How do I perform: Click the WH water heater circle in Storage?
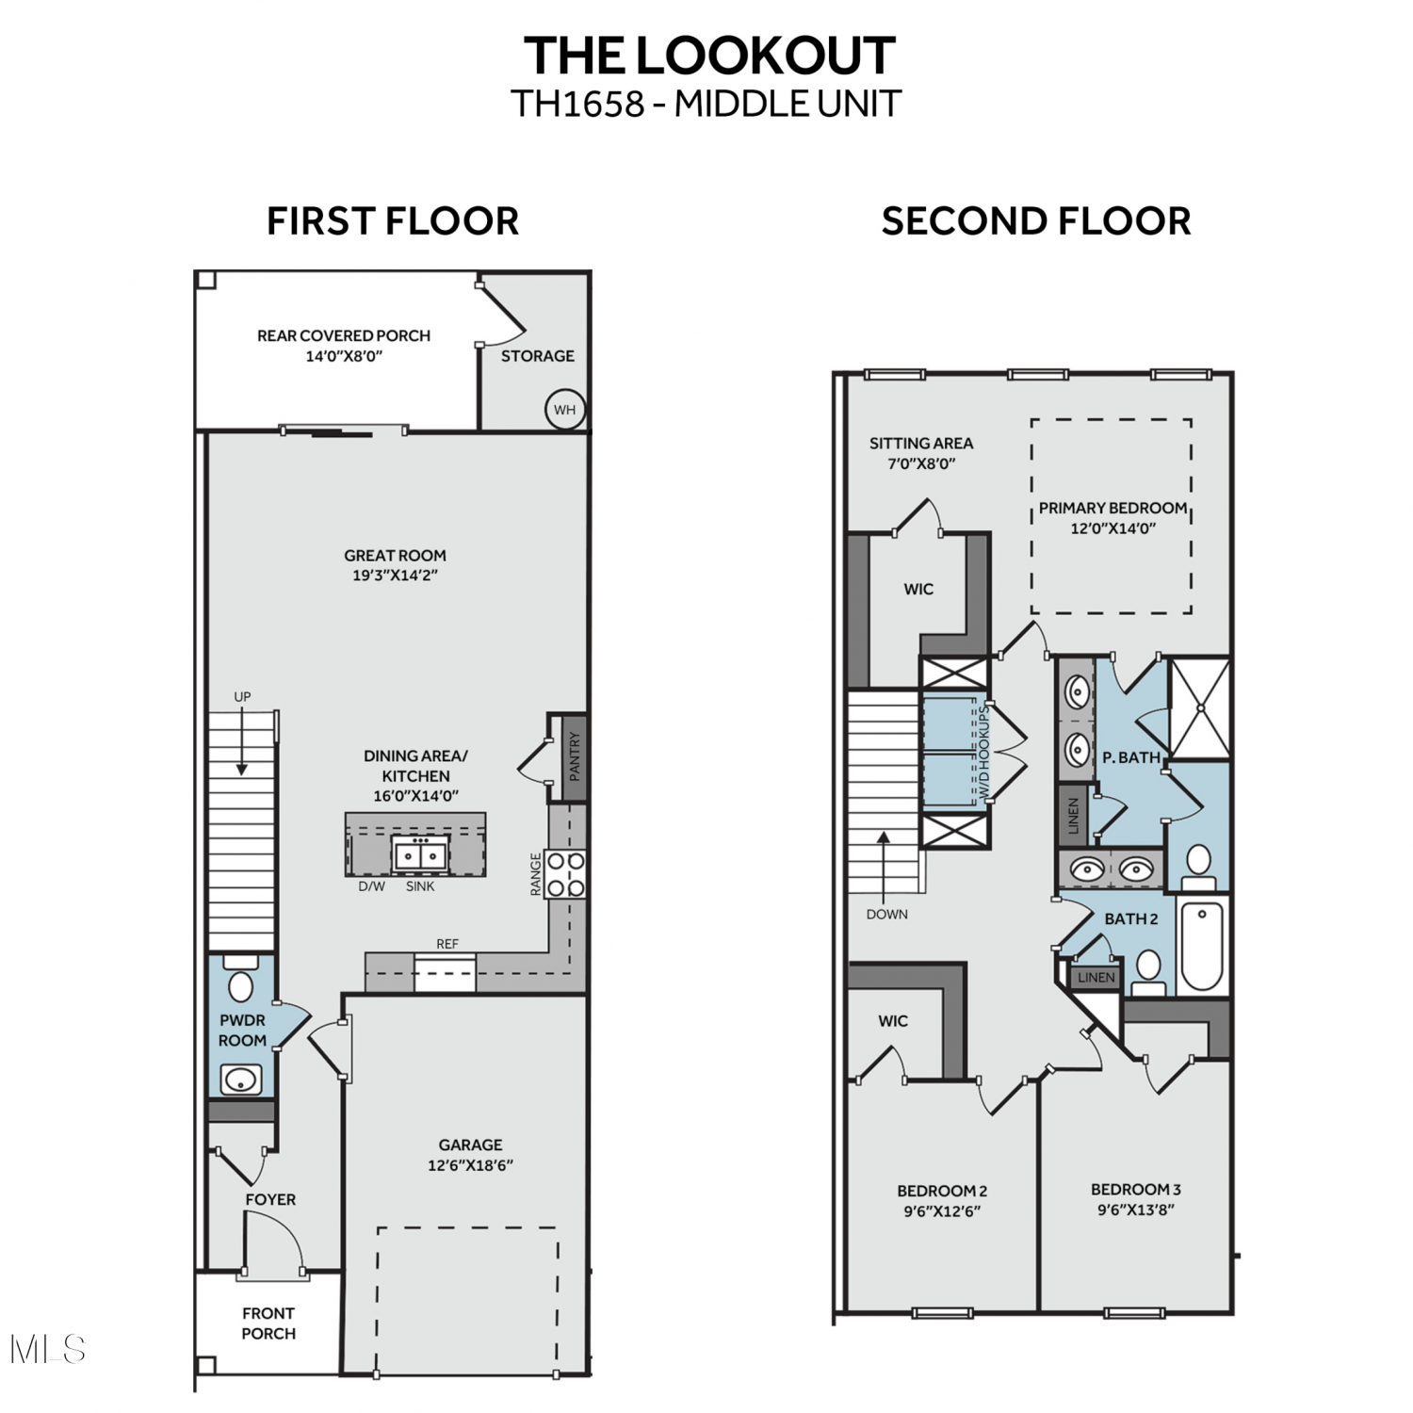tap(565, 410)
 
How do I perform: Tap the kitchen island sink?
tap(420, 854)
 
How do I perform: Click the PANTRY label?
tap(575, 756)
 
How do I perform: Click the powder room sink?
tap(241, 1080)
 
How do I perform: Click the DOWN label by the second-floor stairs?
tap(887, 914)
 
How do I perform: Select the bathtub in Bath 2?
tap(1202, 946)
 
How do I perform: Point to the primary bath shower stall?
tap(1199, 708)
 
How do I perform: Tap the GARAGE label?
tap(470, 1145)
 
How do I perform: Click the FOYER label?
tap(270, 1199)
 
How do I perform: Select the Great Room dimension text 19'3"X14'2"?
tap(395, 576)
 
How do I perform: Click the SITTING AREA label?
tap(921, 443)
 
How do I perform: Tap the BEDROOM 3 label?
tap(1136, 1190)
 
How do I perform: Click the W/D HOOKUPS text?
tap(984, 753)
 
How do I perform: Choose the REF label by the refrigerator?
tap(447, 944)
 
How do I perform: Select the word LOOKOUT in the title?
tap(765, 56)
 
